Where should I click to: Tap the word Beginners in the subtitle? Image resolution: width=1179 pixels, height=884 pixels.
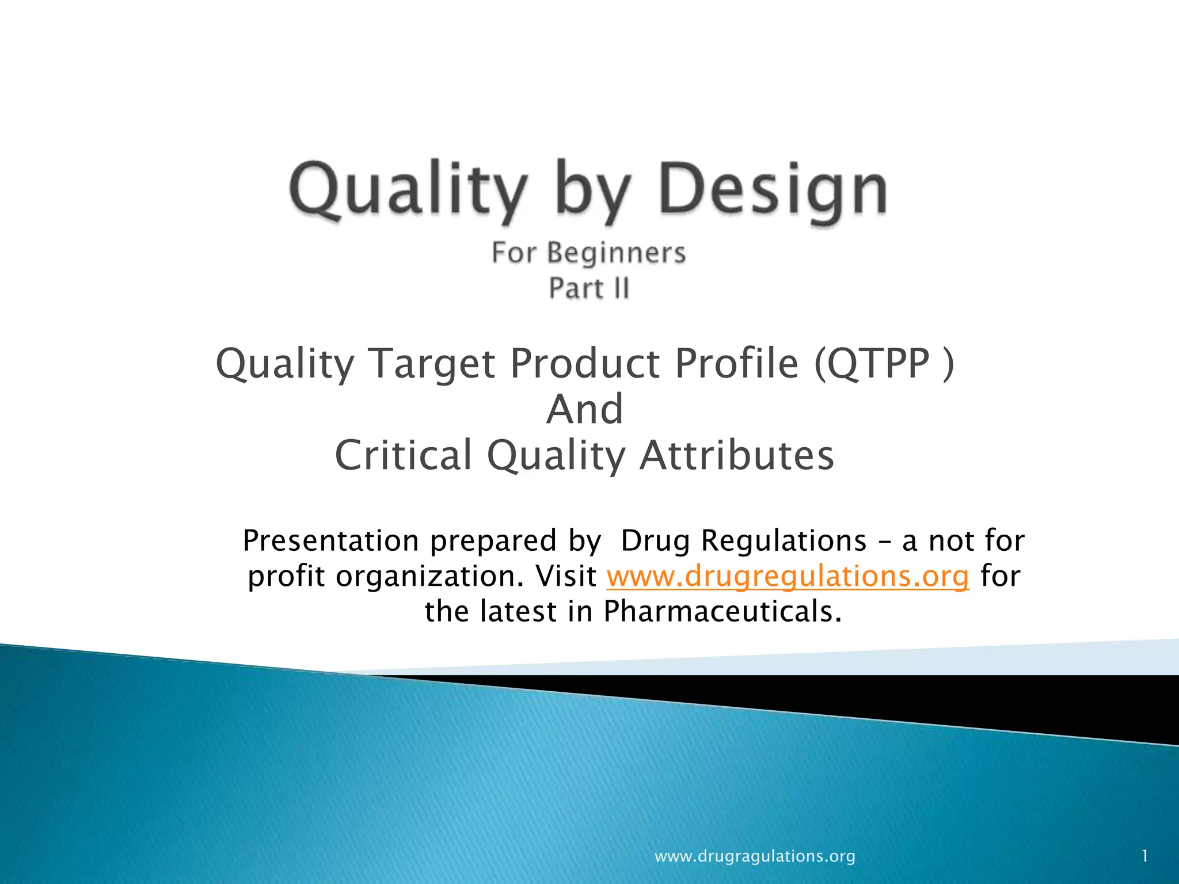point(616,253)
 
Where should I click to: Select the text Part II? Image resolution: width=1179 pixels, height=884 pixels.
point(589,288)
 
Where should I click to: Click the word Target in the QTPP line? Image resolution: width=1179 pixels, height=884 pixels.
point(432,364)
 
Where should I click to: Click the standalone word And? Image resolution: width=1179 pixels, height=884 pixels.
point(585,409)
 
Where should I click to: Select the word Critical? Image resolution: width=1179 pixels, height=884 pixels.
point(404,455)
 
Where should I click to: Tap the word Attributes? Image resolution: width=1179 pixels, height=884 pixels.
point(737,455)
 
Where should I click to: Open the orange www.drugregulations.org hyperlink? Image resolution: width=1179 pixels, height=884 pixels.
point(788,576)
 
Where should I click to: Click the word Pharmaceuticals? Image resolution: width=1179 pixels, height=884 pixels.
point(722,611)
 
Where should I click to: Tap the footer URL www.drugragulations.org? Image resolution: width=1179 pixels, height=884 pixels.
point(755,856)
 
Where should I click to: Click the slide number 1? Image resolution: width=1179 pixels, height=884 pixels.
point(1145,856)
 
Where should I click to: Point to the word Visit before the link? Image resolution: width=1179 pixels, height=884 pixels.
point(566,576)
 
